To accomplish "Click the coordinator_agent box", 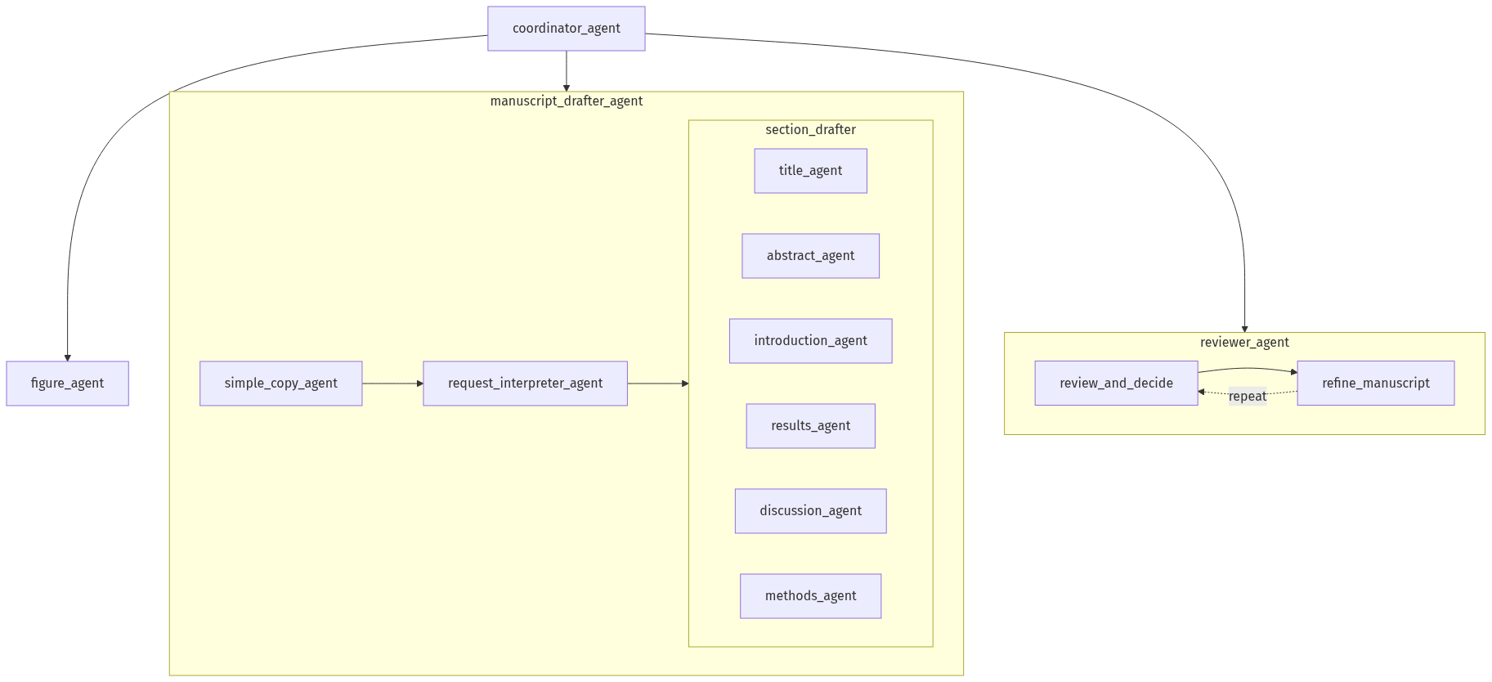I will pyautogui.click(x=566, y=29).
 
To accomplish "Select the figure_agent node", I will pyautogui.click(x=67, y=384).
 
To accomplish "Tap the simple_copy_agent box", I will pyautogui.click(x=280, y=384).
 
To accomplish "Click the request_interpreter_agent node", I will pyautogui.click(x=525, y=384).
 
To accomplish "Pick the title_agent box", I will pyautogui.click(x=810, y=171).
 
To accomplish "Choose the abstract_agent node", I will pyautogui.click(x=810, y=256).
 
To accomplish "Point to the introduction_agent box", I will pyautogui.click(x=810, y=341).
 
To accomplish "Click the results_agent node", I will pyautogui.click(x=810, y=426).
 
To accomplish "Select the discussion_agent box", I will pyautogui.click(x=810, y=511).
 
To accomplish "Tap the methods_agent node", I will pyautogui.click(x=810, y=596).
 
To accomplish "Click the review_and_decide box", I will pyautogui.click(x=1116, y=384).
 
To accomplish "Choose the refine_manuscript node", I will pyautogui.click(x=1375, y=384).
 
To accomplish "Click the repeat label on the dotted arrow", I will pyautogui.click(x=1247, y=397).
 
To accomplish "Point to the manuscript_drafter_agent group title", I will pyautogui.click(x=566, y=101).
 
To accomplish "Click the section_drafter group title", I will pyautogui.click(x=810, y=130).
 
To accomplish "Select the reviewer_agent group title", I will pyautogui.click(x=1243, y=343).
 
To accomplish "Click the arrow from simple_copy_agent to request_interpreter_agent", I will pyautogui.click(x=392, y=384).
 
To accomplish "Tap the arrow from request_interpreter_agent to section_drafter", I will pyautogui.click(x=657, y=384).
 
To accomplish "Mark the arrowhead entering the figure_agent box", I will pyautogui.click(x=68, y=357).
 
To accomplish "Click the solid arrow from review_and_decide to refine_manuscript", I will pyautogui.click(x=1247, y=369).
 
